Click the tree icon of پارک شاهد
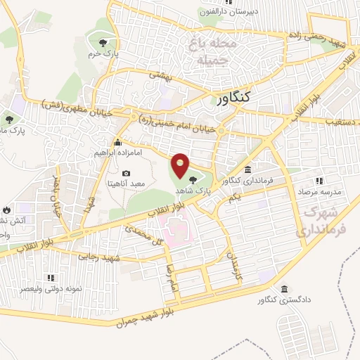click(x=193, y=180)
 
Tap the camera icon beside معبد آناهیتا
click(x=126, y=174)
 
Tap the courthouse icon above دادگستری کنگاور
click(x=284, y=289)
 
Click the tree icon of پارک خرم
click(x=105, y=44)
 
